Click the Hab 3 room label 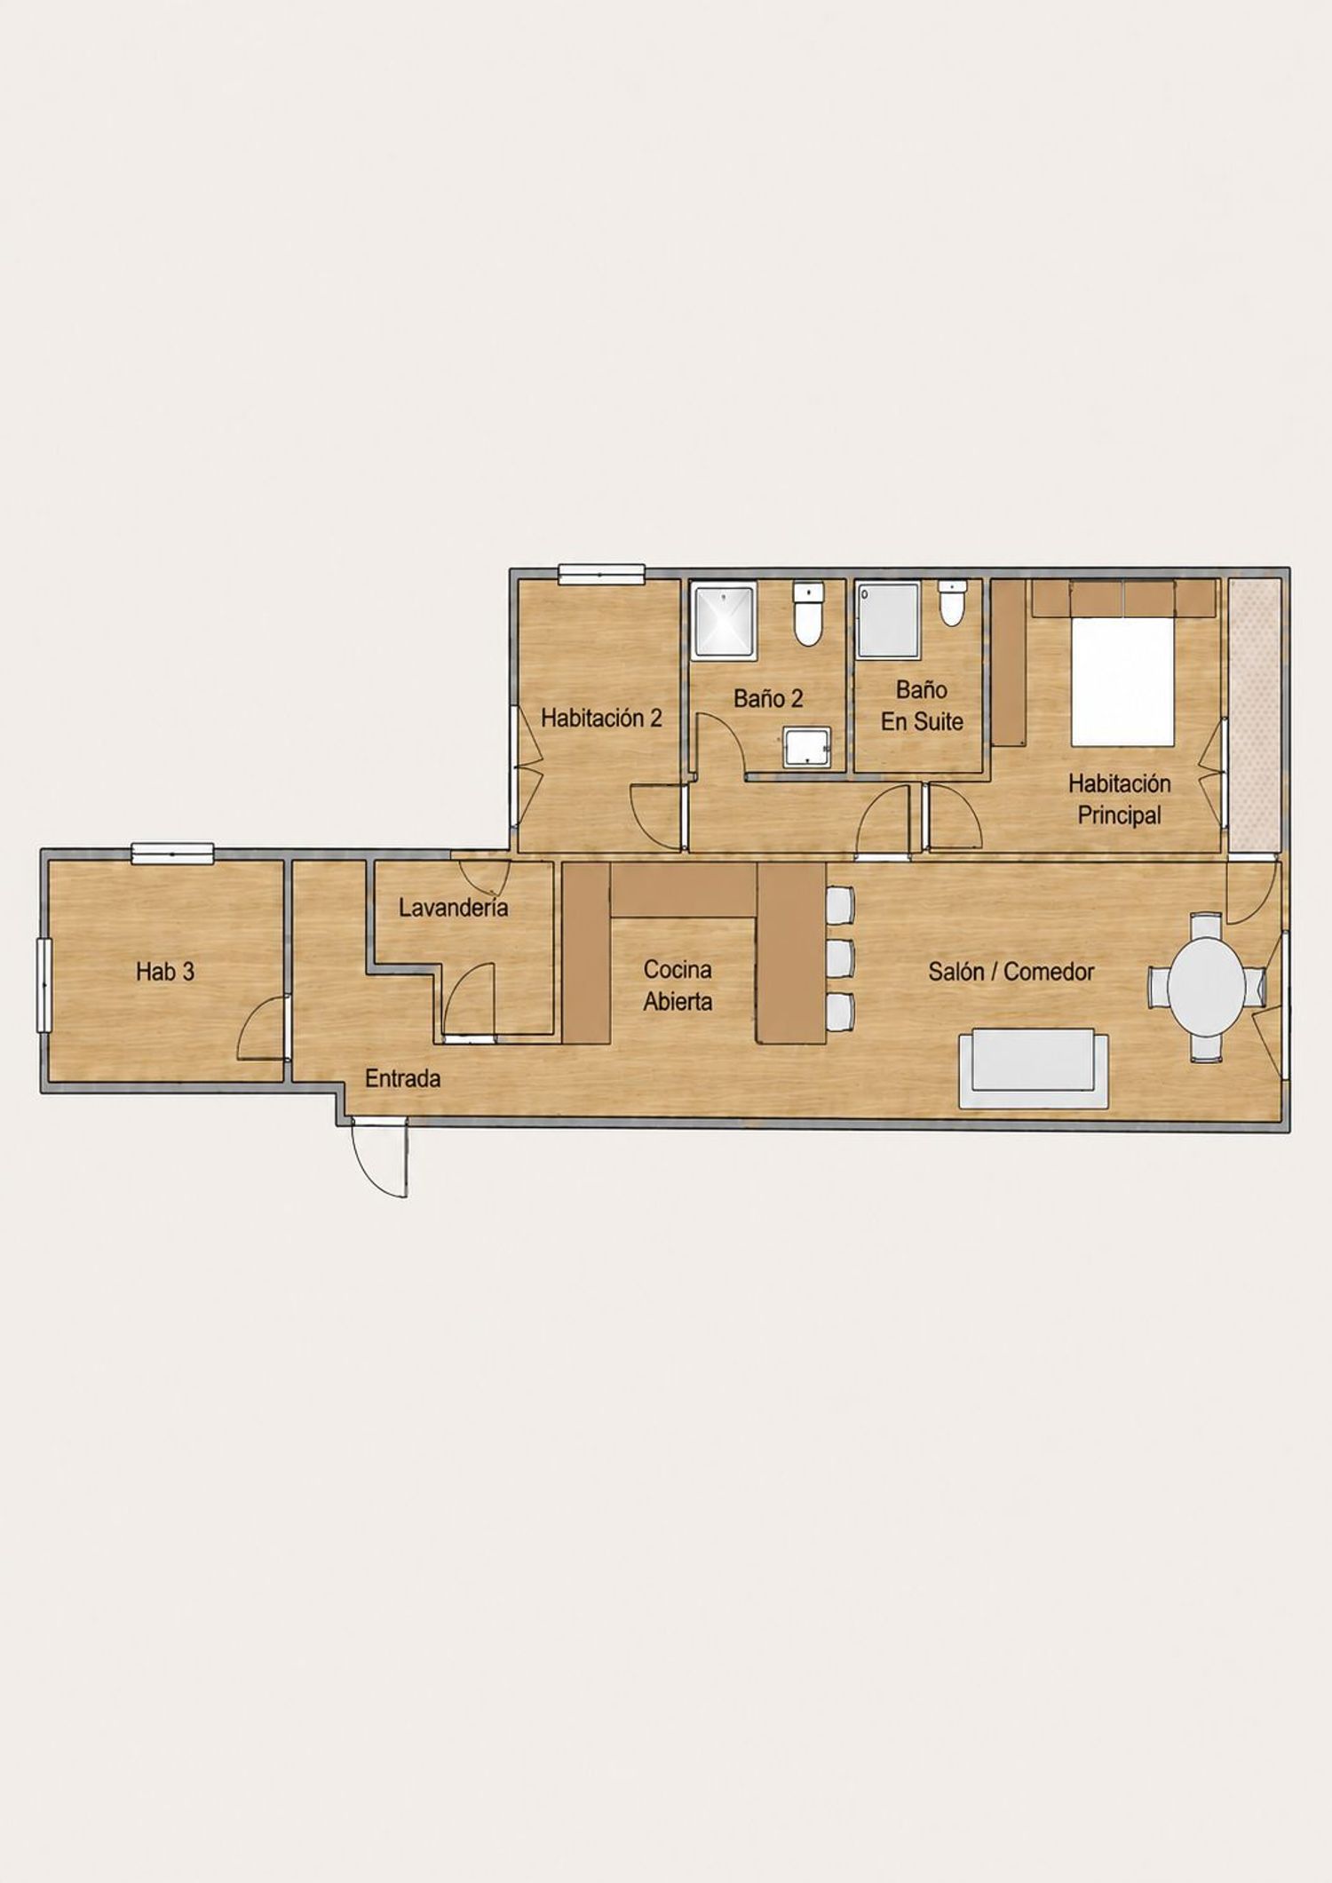[x=165, y=972]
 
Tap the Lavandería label [x=453, y=908]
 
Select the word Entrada [x=403, y=1079]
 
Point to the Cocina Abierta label [x=678, y=986]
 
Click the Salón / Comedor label [x=1011, y=972]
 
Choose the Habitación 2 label [x=601, y=718]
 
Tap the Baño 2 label [x=768, y=698]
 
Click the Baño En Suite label [x=922, y=705]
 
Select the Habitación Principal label [x=1119, y=799]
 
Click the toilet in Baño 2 [x=808, y=614]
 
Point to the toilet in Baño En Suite [x=952, y=602]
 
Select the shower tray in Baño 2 [x=724, y=621]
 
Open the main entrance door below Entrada [x=380, y=1158]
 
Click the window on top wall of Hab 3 [x=173, y=854]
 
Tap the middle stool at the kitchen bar [x=840, y=957]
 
